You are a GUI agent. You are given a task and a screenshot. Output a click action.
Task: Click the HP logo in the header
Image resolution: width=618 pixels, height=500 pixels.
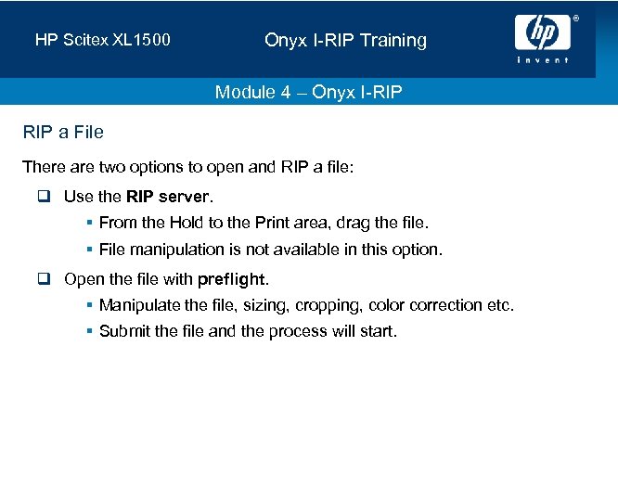coord(542,33)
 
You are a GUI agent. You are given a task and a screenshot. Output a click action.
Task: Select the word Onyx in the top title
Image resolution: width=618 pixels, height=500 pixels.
coord(283,41)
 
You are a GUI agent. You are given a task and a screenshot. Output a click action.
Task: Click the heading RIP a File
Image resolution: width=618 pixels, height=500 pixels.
coord(63,133)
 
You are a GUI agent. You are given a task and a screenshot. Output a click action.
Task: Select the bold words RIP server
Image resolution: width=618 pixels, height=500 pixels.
coord(168,197)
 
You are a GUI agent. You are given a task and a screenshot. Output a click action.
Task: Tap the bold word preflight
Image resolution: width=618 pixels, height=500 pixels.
coord(231,279)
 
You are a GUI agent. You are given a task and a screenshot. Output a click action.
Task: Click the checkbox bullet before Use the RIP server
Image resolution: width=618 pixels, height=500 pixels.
coord(45,197)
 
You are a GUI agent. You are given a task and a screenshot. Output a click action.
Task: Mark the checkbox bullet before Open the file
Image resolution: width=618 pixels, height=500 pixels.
coord(45,279)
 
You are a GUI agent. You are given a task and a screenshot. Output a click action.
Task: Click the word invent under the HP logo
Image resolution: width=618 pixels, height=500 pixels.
coord(543,60)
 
